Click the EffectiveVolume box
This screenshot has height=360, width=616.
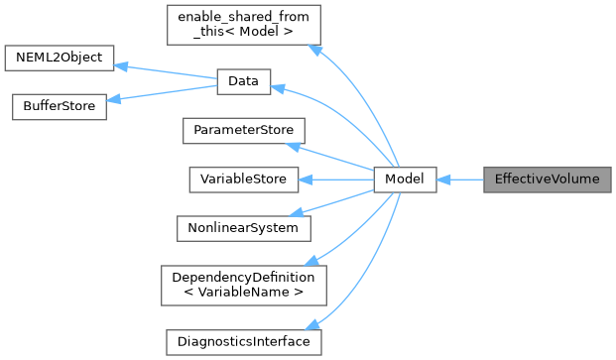pos(547,180)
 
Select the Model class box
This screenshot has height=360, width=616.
pos(405,180)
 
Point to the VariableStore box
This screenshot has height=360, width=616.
pos(243,180)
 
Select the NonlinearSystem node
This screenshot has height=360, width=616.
pos(243,227)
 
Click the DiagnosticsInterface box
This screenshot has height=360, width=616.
pos(243,342)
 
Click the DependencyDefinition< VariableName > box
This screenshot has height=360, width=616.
pos(243,285)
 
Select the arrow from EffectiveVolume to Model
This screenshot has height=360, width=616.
pos(458,180)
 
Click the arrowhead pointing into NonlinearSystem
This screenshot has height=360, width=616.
pos(307,211)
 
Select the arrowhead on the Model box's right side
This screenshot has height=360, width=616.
pos(443,180)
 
